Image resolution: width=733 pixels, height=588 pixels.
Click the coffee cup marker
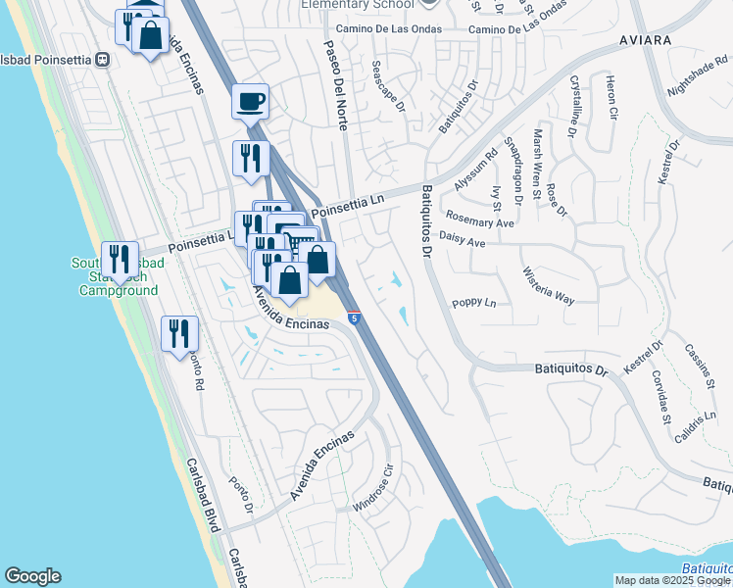[x=251, y=101]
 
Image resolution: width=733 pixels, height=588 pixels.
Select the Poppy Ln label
[x=474, y=304]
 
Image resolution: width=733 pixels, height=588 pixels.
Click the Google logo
[x=32, y=576]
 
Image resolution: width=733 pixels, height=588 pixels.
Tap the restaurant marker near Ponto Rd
[x=180, y=333]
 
